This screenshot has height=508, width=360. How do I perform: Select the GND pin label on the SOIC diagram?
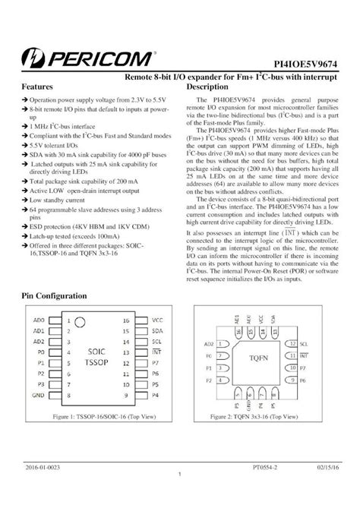(x=39, y=396)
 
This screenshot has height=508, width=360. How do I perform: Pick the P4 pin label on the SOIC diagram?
(x=156, y=396)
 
